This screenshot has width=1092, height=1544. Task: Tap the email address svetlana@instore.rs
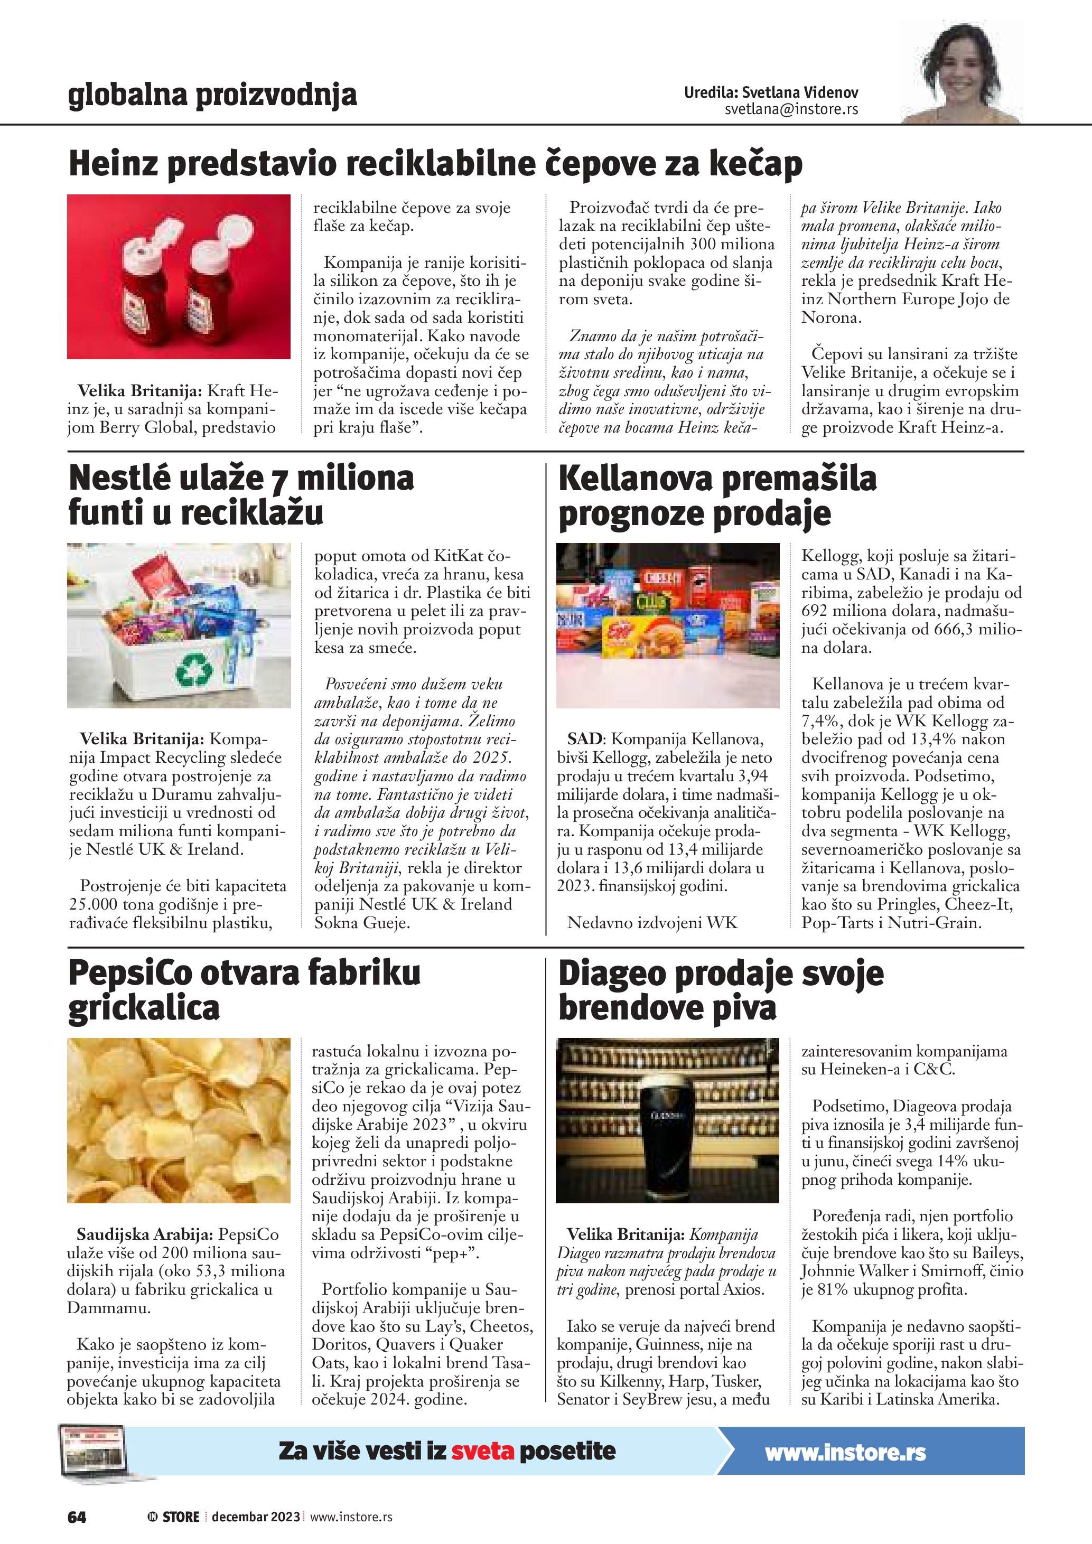click(791, 109)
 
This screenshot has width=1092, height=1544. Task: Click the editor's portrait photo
click(962, 72)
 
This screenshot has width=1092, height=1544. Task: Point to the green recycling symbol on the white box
click(194, 669)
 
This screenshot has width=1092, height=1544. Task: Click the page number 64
click(77, 1517)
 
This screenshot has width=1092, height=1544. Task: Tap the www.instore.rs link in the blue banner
click(845, 1452)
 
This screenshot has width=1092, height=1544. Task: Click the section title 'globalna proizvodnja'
click(212, 95)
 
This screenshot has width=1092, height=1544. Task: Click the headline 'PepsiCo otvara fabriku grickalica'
click(244, 990)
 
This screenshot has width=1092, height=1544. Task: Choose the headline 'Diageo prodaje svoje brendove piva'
click(720, 990)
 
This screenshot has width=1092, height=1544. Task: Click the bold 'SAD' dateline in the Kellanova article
click(584, 739)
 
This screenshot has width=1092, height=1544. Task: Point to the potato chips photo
click(179, 1120)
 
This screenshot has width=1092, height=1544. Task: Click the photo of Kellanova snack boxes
click(668, 625)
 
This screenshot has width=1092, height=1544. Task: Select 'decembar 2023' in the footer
click(256, 1517)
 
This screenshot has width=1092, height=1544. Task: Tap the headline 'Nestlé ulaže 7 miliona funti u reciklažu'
click(241, 495)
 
